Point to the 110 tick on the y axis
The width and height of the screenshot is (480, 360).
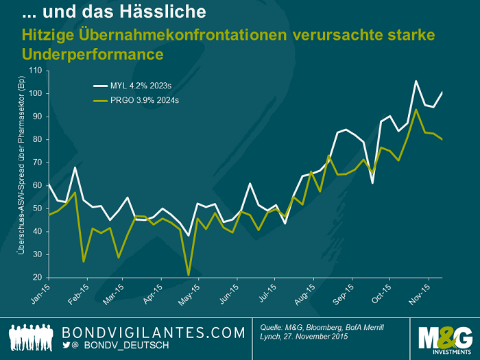click(35, 71)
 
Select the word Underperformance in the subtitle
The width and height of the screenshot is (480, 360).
click(93, 53)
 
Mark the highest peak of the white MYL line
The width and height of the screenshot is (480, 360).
click(416, 81)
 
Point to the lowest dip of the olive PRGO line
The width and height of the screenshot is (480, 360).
click(188, 275)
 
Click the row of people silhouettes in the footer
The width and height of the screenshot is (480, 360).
click(30, 337)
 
